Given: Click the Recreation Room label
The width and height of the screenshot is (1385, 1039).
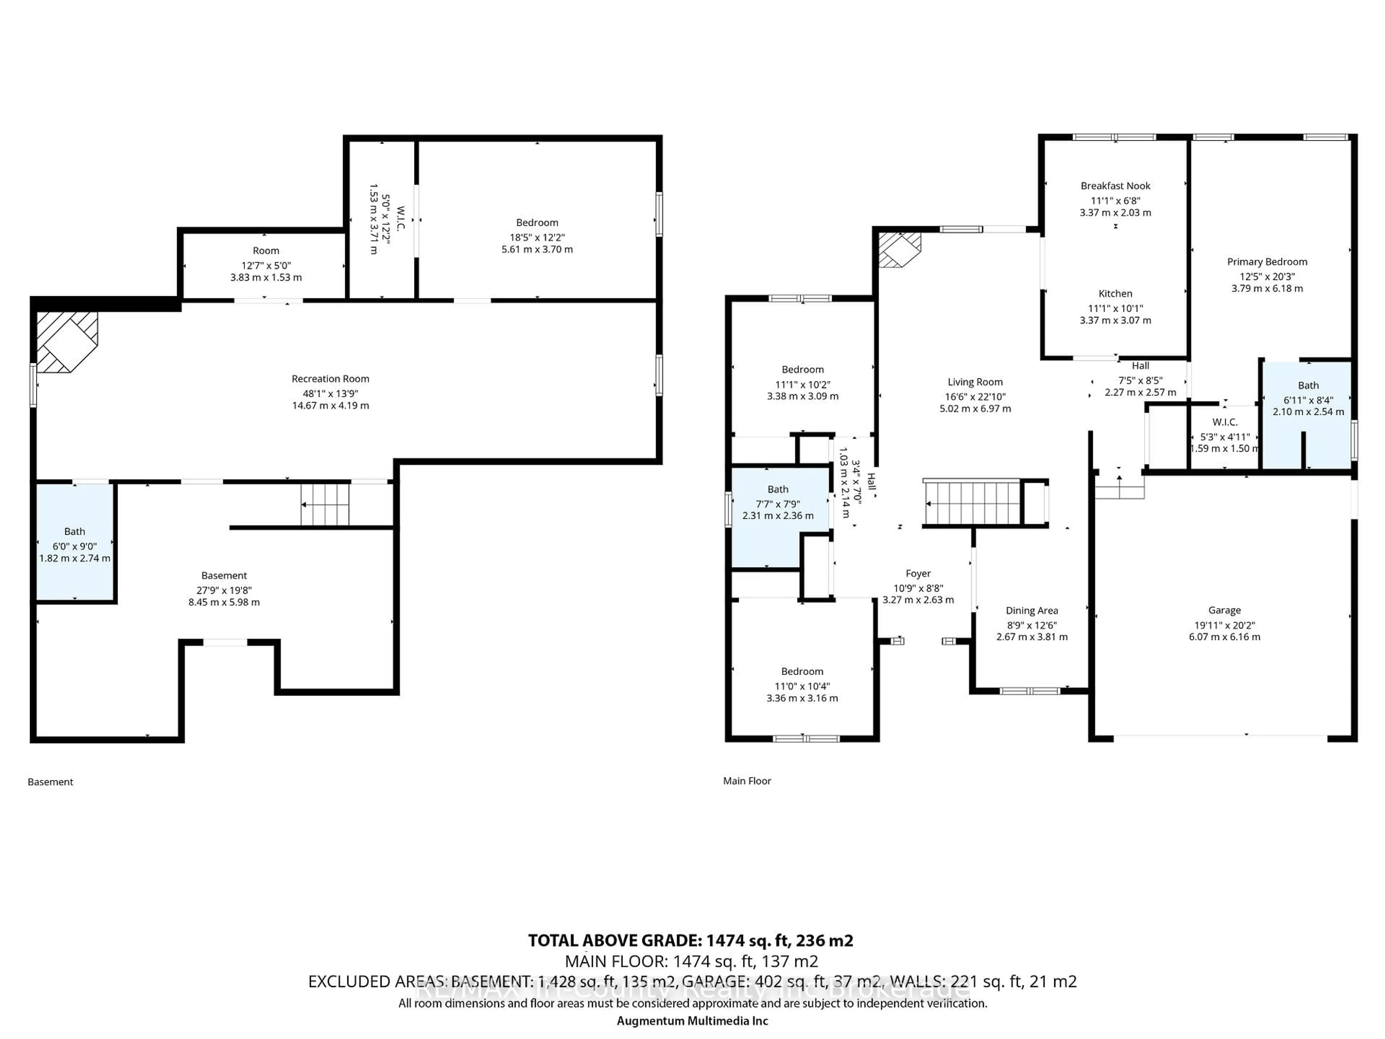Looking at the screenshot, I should [x=330, y=379].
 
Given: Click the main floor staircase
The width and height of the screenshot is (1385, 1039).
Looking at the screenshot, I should [x=972, y=503].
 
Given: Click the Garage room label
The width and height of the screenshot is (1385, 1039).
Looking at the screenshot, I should [x=1224, y=610].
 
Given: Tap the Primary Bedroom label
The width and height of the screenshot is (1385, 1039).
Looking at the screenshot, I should [x=1267, y=262].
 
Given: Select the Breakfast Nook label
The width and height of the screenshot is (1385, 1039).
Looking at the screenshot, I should [x=1115, y=186].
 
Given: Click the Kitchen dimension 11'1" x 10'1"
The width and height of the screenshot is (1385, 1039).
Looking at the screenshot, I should [x=1115, y=308].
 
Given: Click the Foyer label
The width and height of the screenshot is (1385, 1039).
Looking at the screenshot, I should [x=918, y=574].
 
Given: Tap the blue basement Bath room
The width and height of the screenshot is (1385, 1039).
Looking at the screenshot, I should [x=75, y=542].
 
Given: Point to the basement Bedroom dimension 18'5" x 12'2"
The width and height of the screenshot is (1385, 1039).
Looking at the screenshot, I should [x=537, y=237].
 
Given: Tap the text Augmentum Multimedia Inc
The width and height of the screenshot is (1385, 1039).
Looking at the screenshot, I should [x=692, y=1021].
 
